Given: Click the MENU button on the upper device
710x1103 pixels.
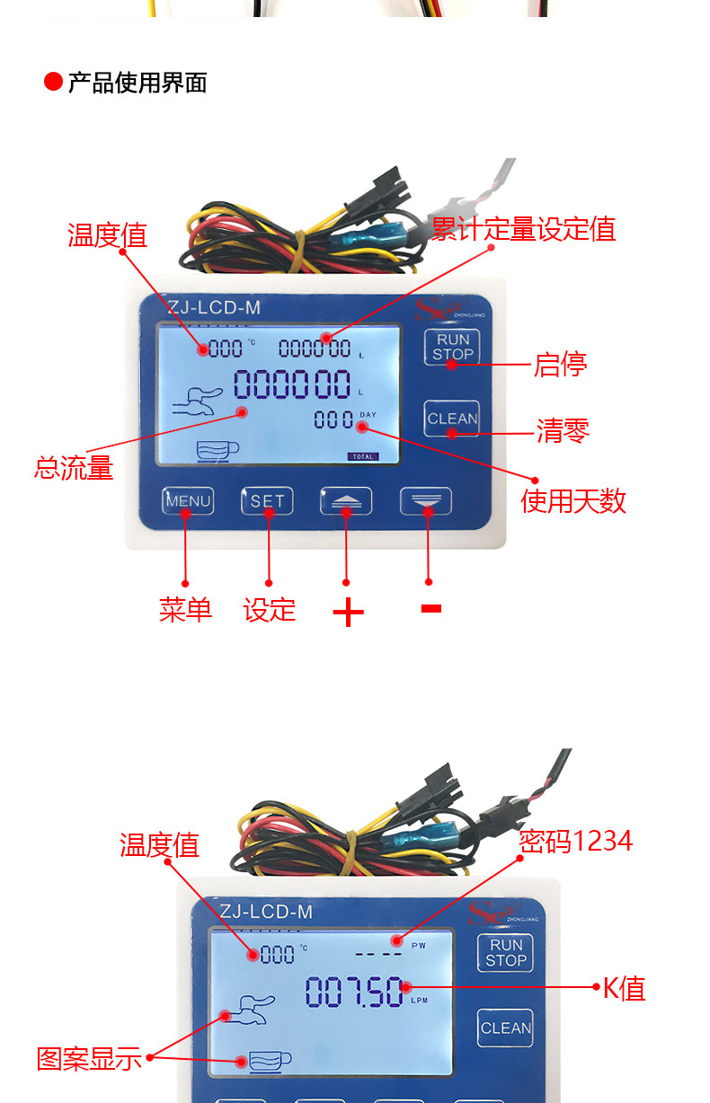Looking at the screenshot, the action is click(x=188, y=500).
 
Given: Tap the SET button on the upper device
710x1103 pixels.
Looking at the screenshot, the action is click(x=267, y=500).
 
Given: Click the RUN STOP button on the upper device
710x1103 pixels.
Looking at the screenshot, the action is click(x=452, y=347).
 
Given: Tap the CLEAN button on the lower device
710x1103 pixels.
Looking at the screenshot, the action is click(x=505, y=1028).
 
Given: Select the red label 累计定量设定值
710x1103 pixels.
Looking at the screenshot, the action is click(x=524, y=229).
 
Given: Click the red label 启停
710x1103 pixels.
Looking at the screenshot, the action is click(x=560, y=365).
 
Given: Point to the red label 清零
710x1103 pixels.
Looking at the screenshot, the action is click(x=563, y=431).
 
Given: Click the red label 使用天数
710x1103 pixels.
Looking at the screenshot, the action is click(x=573, y=500).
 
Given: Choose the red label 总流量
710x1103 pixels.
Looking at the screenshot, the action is click(x=74, y=467).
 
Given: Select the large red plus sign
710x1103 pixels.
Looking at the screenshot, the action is click(x=348, y=613).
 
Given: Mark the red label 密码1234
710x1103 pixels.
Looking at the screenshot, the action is click(x=576, y=841).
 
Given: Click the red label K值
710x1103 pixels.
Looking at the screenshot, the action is click(x=624, y=988).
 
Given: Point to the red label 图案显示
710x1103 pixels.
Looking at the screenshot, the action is click(x=89, y=1058).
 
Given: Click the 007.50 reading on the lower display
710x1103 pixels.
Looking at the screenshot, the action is click(x=354, y=992).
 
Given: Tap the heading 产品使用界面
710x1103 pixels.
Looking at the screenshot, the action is click(x=138, y=83).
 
